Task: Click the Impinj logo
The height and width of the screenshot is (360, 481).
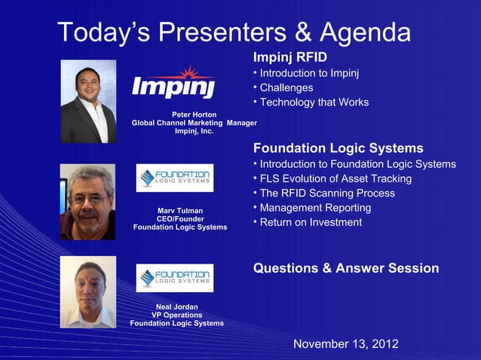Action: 174,83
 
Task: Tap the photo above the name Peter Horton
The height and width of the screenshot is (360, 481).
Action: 88,102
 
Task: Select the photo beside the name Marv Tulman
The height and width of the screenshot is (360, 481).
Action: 88,202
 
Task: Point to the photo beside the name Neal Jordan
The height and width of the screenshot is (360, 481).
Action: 88,291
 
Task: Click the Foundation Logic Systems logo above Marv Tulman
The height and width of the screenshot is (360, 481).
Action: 175,178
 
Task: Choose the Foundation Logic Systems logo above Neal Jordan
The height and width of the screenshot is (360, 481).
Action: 175,278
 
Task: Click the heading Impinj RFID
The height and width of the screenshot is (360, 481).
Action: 290,58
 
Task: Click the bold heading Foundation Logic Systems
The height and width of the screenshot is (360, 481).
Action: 339,148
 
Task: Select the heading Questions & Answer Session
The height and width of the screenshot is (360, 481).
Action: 346,268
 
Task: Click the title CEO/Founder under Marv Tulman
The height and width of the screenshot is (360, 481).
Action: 179,218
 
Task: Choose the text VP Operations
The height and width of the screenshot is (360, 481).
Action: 176,315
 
